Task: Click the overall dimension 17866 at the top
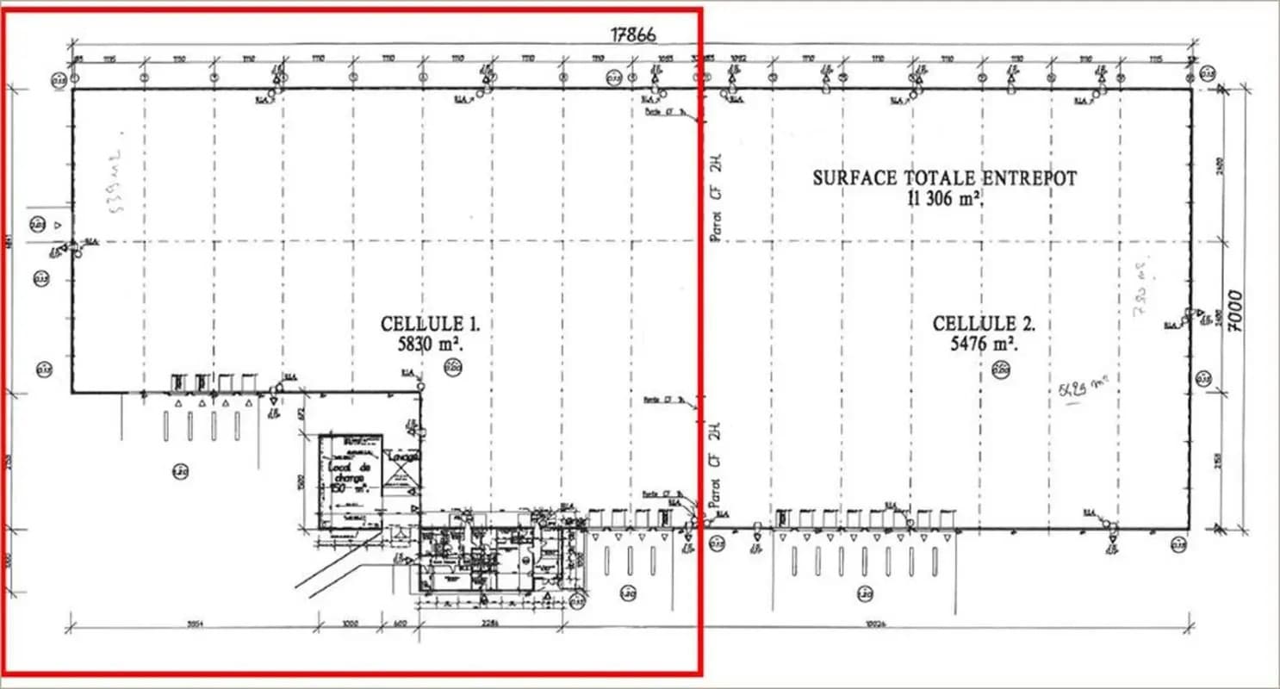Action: (633, 34)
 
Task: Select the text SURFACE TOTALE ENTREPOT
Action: (944, 178)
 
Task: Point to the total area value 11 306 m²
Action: (944, 197)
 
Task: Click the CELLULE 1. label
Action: (430, 325)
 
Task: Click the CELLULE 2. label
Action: (983, 325)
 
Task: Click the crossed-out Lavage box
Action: (401, 469)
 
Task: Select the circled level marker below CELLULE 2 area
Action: (1001, 370)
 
